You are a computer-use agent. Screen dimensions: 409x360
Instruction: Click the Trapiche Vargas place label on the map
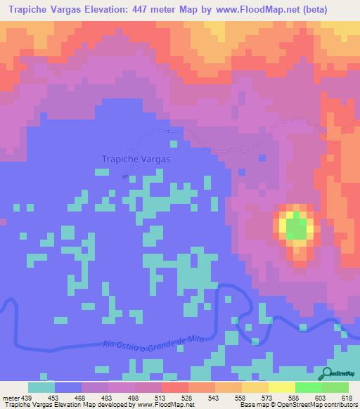136,159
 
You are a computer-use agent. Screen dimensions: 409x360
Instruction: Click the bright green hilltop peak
297,228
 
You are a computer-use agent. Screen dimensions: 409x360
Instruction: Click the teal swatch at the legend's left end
41,387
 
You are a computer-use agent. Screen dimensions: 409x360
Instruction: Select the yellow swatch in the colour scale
281,387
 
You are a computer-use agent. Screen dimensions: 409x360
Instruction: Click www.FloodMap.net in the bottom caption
157,405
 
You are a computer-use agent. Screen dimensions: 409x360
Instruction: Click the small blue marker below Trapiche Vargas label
125,176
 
